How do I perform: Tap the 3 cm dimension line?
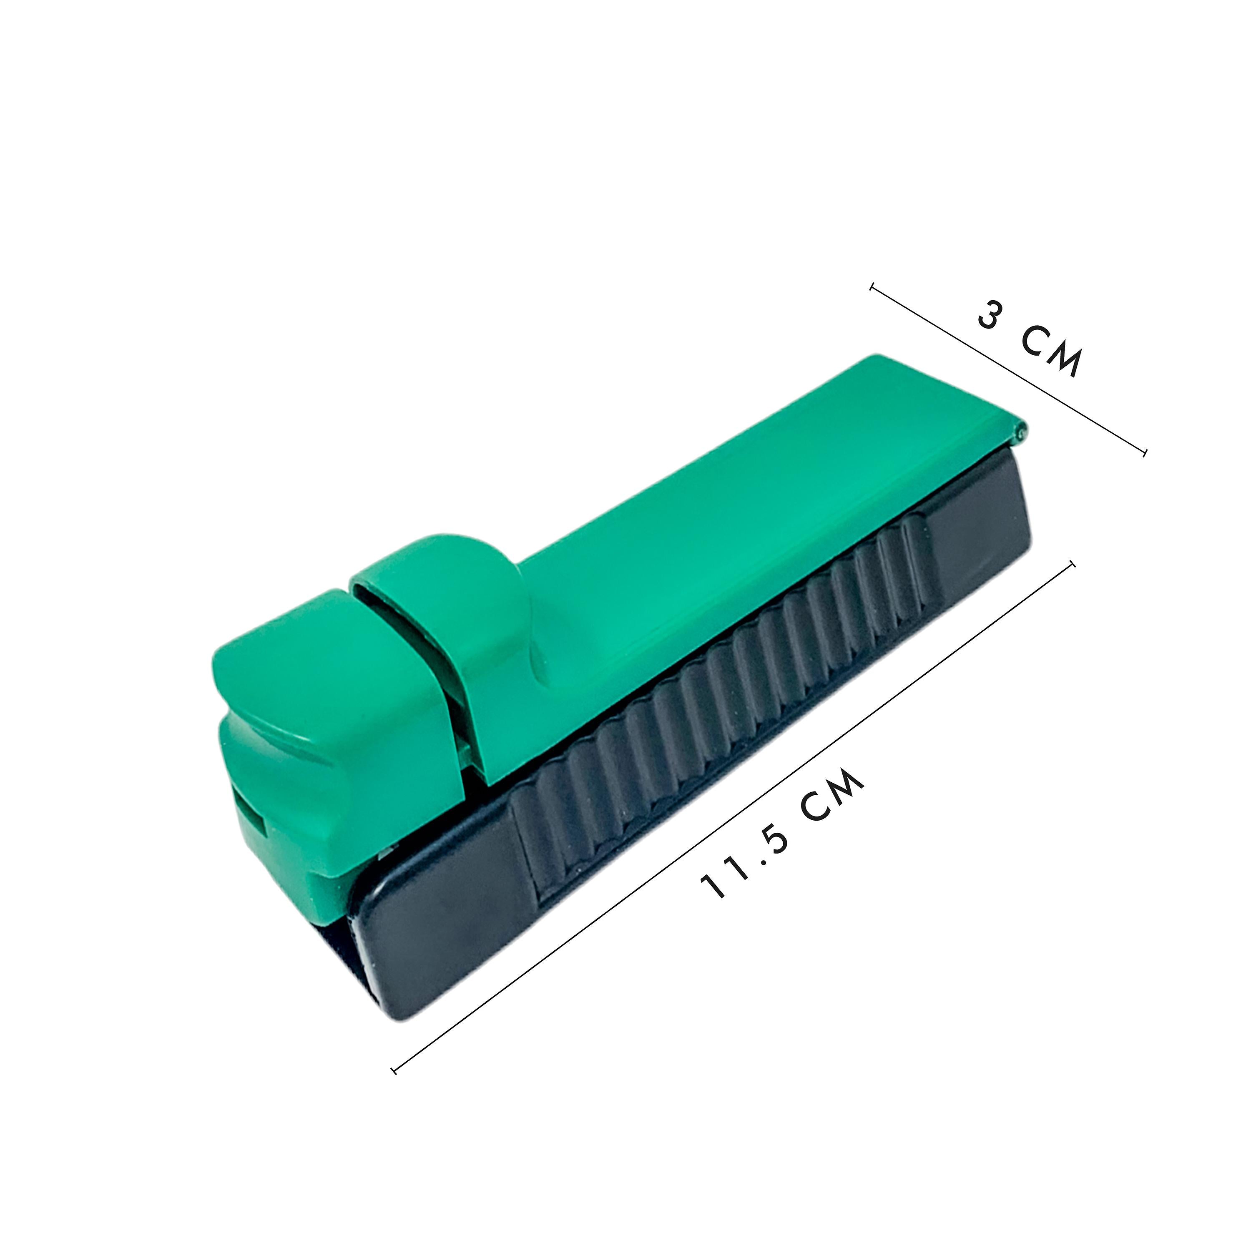point(1009,369)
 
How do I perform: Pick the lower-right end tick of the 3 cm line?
point(1145,451)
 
